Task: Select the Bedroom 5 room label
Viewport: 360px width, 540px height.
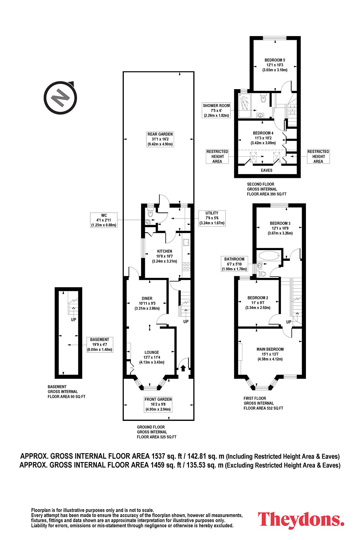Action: point(275,65)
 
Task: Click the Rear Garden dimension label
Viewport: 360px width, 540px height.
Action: point(160,139)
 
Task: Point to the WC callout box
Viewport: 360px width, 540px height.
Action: point(104,220)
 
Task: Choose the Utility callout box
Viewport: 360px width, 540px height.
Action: point(212,218)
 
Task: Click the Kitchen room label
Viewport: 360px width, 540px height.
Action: point(165,256)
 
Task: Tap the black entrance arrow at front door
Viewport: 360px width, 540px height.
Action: point(183,368)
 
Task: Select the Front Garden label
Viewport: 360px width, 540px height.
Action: point(158,404)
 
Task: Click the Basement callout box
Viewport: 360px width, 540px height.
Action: point(100,345)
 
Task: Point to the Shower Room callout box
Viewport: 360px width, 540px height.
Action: point(216,110)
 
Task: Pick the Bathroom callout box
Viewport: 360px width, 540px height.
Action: point(234,264)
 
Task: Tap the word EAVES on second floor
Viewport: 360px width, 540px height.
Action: point(266,170)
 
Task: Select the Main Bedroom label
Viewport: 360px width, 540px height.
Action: point(270,354)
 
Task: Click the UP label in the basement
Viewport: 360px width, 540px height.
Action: point(73,320)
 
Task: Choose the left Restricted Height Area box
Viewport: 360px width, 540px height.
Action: point(217,156)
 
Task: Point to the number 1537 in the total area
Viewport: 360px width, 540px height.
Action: point(158,456)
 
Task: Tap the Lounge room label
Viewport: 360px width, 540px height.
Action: point(152,357)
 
